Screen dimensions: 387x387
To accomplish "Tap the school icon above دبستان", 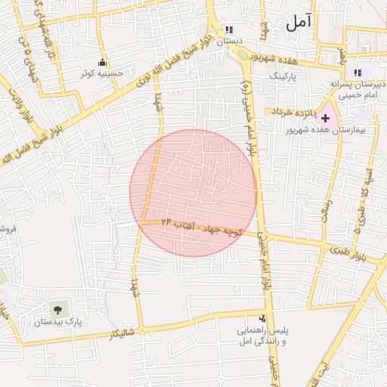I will click(228, 29).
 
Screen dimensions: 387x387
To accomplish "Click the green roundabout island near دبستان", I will click(242, 54).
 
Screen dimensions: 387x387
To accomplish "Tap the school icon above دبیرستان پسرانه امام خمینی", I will click(357, 73).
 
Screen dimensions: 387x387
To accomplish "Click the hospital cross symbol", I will click(326, 118).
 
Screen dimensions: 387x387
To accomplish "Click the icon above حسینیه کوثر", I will click(102, 62).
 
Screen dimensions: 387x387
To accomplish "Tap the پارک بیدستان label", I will click(57, 322).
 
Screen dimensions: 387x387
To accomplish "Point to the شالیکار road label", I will click(122, 333).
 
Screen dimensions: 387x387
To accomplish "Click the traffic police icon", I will click(262, 319).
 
